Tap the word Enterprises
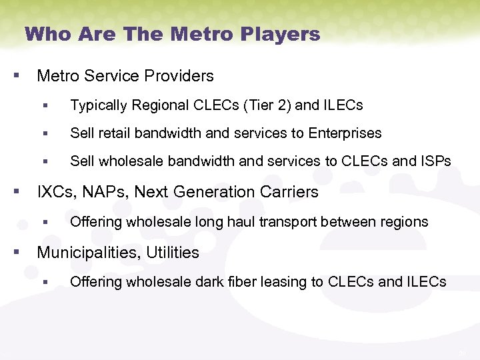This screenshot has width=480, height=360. [x=345, y=133]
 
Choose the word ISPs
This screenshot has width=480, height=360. [x=433, y=161]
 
